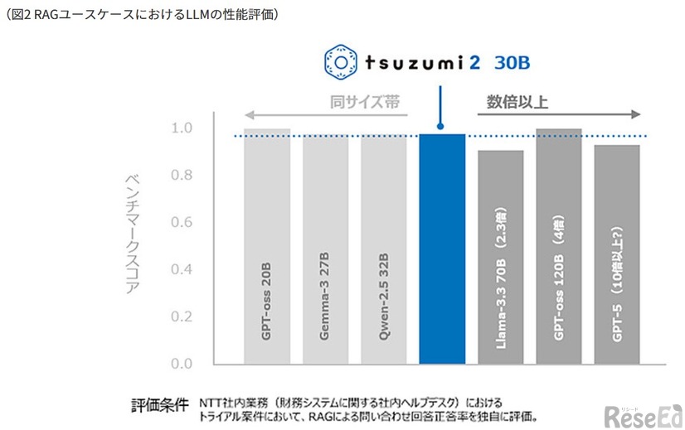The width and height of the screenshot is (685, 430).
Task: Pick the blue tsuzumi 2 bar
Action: pyautogui.click(x=442, y=249)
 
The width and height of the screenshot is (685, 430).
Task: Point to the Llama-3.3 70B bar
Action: pyautogui.click(x=500, y=257)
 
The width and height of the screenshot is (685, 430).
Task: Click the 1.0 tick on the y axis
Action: pyautogui.click(x=182, y=128)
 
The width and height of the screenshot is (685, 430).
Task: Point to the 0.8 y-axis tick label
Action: pyautogui.click(x=182, y=176)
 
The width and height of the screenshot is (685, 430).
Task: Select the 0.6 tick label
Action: pyautogui.click(x=182, y=223)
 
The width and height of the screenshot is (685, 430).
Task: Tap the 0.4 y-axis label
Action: pyautogui.click(x=182, y=270)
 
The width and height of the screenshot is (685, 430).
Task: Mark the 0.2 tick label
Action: pyautogui.click(x=182, y=317)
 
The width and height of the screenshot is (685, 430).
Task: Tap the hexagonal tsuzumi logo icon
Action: pyautogui.click(x=340, y=61)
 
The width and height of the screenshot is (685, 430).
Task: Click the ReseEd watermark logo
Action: pyautogui.click(x=643, y=413)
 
